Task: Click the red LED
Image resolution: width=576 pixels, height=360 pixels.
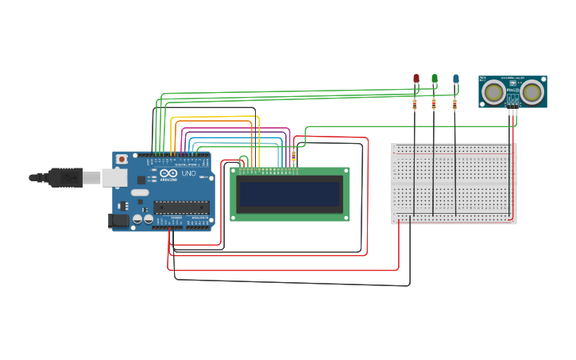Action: coord(416,79)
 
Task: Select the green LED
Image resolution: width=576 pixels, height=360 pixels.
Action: coord(435,79)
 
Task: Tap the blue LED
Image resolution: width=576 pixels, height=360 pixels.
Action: coord(455,79)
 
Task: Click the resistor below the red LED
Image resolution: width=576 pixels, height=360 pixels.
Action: coord(414,103)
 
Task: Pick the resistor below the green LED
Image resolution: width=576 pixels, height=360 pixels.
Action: coord(434,103)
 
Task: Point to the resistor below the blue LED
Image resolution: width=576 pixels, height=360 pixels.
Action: coord(454,103)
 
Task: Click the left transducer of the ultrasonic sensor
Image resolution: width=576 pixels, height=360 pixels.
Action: coord(494,92)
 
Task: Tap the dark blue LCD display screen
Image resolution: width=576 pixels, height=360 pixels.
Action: coord(289,194)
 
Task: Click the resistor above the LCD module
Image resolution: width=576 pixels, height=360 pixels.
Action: coord(294,156)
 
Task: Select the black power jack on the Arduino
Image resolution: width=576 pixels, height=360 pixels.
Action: coord(119,220)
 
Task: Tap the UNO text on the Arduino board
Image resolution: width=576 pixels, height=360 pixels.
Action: coord(188,173)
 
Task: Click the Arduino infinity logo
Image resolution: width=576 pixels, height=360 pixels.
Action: coord(168,173)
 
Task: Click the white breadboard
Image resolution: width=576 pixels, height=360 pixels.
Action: coord(454,184)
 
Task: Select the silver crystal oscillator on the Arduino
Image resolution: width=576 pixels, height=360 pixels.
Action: coord(140,192)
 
